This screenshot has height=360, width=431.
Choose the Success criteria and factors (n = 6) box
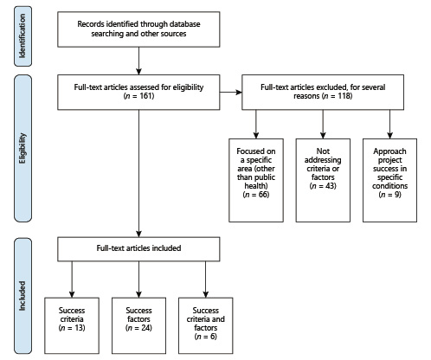[206, 320]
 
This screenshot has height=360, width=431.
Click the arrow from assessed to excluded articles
[232, 91]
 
